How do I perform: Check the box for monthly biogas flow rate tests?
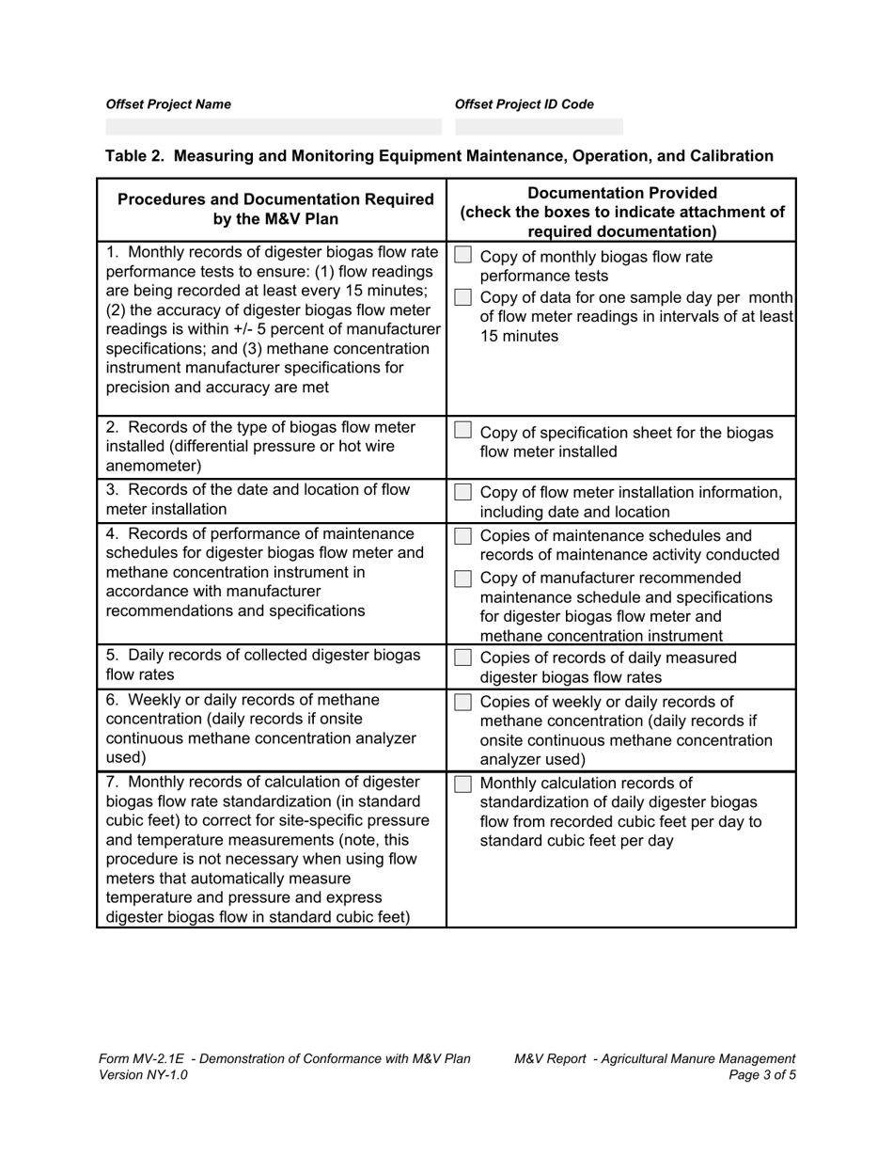[462, 256]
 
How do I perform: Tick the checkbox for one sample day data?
[462, 297]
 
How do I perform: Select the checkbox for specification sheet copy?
[462, 431]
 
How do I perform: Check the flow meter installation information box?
[462, 492]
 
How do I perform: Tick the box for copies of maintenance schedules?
[462, 536]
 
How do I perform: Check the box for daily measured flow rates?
[462, 657]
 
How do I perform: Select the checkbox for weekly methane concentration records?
[462, 701]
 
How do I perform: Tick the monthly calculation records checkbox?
[462, 784]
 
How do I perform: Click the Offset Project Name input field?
[273, 127]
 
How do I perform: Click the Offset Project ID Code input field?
[539, 127]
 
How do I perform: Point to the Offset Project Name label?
[168, 104]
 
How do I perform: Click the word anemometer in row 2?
[151, 466]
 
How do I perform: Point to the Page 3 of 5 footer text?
[762, 1075]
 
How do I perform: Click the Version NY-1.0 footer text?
[143, 1075]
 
